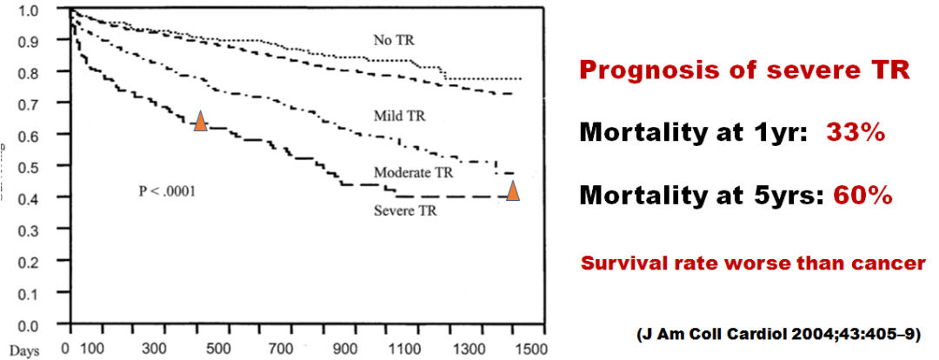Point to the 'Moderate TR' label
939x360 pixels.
[413, 172]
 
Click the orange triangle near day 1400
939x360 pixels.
[513, 190]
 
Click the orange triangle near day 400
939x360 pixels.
[200, 121]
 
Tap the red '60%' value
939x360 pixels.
[863, 197]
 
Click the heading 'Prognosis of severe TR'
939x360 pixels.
[745, 71]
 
